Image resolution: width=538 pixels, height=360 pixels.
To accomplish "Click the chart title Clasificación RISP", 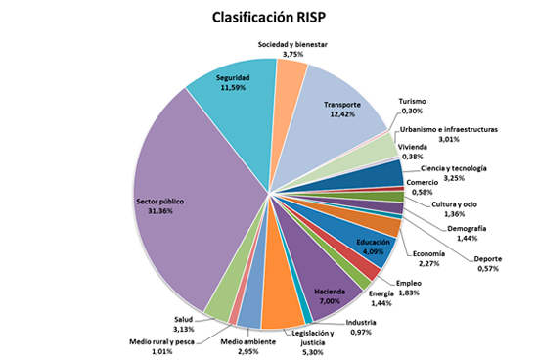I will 269,17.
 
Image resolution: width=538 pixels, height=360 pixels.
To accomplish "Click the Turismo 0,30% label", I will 413,106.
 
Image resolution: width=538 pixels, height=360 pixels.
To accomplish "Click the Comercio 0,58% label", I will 422,187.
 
